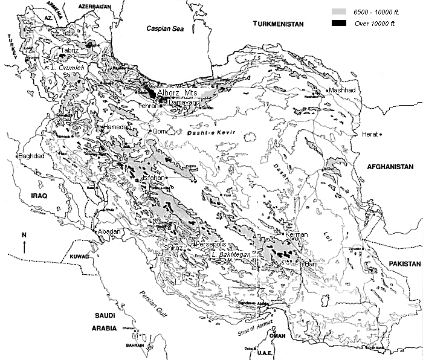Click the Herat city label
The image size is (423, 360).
point(369,134)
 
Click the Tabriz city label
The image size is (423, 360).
point(69,51)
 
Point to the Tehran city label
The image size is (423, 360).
point(148,106)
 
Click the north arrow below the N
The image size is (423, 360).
point(24,246)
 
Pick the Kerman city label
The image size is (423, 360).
point(297,234)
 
